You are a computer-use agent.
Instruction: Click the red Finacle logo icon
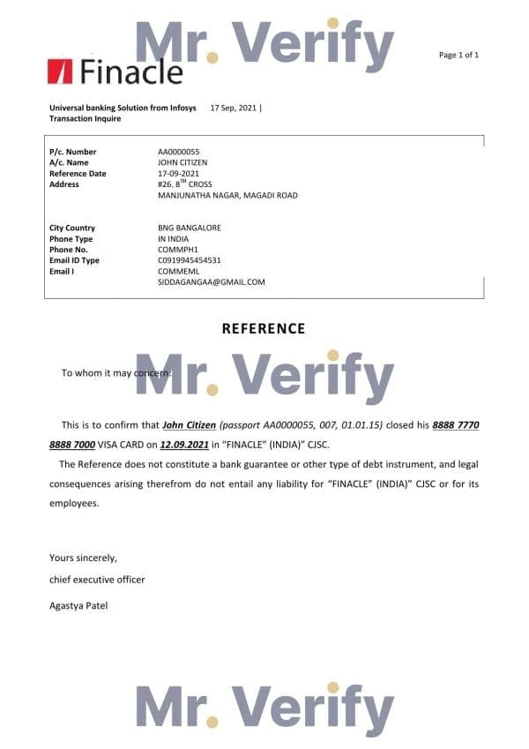60,71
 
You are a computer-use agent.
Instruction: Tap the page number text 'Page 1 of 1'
458,55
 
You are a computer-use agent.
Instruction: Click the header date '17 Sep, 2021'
234,107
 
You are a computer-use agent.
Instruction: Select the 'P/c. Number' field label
73,152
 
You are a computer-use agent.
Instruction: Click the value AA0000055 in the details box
178,152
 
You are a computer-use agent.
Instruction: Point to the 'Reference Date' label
78,174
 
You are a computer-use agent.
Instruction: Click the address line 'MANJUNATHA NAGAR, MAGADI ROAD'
227,195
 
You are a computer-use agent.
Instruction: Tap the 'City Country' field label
72,228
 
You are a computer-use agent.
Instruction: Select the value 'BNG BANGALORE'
190,228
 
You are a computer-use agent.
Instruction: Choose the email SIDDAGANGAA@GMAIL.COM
212,281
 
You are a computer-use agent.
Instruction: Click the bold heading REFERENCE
264,328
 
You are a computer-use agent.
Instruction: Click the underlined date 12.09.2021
185,445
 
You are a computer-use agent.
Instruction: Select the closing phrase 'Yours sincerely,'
83,558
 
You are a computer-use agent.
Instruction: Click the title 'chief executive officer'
97,580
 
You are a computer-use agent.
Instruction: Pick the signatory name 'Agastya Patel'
78,605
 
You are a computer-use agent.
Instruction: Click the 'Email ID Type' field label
75,260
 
